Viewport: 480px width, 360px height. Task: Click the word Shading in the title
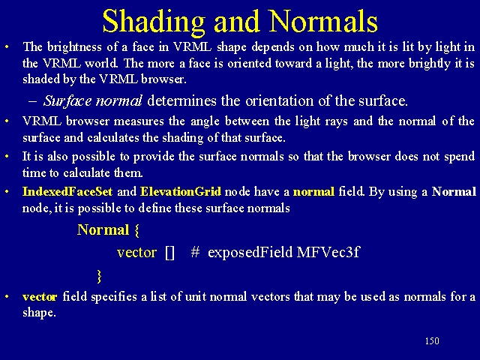coord(154,22)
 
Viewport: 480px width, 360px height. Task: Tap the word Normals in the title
coord(323,21)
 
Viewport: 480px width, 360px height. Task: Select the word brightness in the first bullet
coord(74,47)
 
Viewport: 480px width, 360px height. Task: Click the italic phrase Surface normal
coord(93,100)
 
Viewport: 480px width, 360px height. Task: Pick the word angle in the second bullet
coord(205,121)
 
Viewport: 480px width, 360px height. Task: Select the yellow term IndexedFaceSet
coord(67,192)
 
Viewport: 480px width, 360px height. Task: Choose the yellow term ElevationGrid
coord(180,192)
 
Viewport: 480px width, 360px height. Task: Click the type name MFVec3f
coord(328,252)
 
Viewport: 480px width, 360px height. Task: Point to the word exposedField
coord(250,253)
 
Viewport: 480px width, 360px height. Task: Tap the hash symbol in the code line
coord(195,252)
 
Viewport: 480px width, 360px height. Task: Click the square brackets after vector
coord(169,253)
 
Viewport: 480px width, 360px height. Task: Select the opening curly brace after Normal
coord(136,230)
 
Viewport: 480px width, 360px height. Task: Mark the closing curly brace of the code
coord(99,276)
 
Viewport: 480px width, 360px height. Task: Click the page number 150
coord(432,340)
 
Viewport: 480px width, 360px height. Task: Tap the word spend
coord(460,157)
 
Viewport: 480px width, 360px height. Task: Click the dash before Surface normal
coord(32,101)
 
